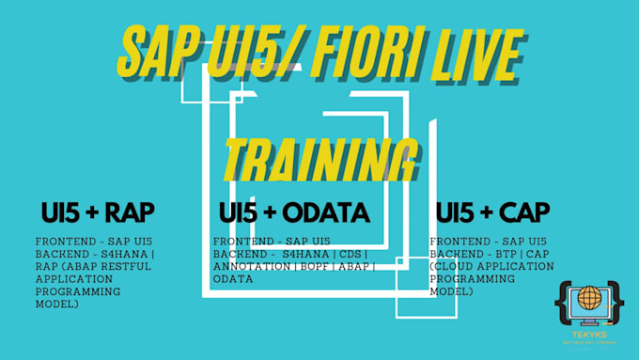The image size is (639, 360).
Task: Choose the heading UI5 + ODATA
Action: [293, 212]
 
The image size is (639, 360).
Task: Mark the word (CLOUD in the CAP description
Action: [452, 266]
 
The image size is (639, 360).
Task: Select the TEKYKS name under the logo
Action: [588, 333]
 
